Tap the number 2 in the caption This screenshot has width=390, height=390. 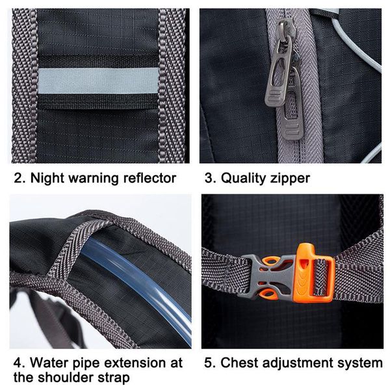[x=18, y=177]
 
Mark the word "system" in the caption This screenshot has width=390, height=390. [x=359, y=363]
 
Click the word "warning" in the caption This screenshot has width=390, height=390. [x=94, y=177]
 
